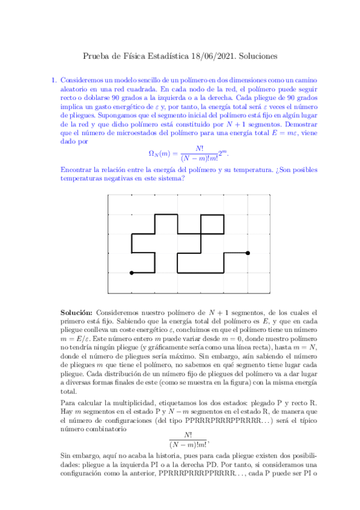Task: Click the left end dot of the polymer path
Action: (131, 273)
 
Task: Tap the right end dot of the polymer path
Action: (248, 253)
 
